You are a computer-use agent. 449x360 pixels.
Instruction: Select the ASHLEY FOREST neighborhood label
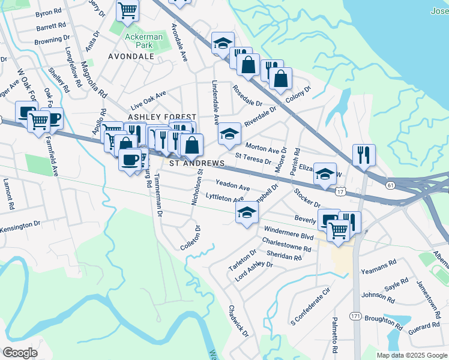pyautogui.click(x=161, y=116)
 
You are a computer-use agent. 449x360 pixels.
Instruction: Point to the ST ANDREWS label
pyautogui.click(x=196, y=163)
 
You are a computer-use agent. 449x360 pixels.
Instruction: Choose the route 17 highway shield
pyautogui.click(x=340, y=191)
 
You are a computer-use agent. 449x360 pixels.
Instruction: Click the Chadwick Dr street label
pyautogui.click(x=238, y=320)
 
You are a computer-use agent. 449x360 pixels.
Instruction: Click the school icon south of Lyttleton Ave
pyautogui.click(x=246, y=212)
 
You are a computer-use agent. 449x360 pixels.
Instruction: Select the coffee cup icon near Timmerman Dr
pyautogui.click(x=130, y=159)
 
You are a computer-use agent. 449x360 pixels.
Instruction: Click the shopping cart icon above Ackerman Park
pyautogui.click(x=127, y=10)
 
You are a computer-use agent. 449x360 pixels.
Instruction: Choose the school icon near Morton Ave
pyautogui.click(x=229, y=134)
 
